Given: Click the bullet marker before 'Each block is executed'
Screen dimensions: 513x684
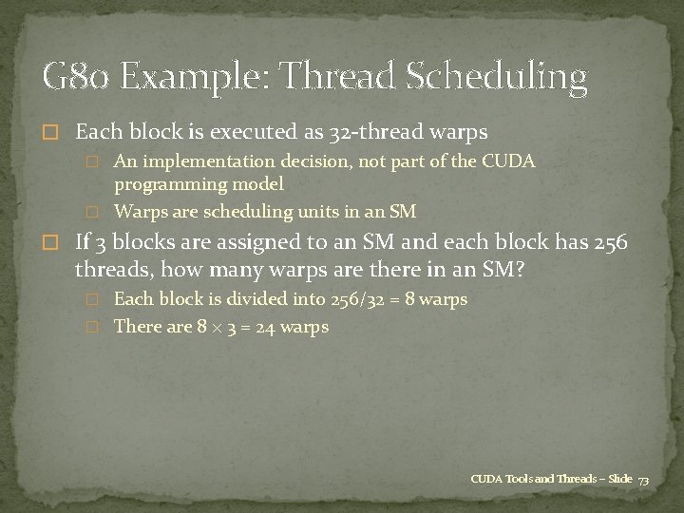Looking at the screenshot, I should pos(52,131).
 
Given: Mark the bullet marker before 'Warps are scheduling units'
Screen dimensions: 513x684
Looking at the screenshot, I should pos(92,211).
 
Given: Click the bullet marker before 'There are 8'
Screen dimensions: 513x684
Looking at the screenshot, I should pos(92,328).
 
